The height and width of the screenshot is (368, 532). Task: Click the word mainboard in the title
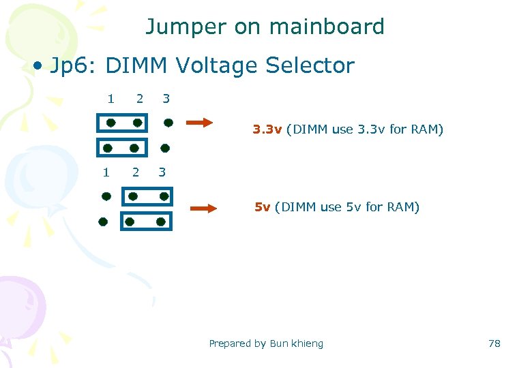tap(327, 27)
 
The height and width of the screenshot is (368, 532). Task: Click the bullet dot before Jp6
tap(40, 67)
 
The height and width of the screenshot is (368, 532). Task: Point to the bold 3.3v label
tap(267, 129)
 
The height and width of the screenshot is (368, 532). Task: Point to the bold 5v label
tap(262, 207)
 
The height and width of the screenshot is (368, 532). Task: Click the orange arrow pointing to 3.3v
tap(200, 123)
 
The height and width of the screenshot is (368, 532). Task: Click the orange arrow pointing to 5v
tap(203, 209)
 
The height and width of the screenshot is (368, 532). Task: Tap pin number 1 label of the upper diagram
tap(110, 99)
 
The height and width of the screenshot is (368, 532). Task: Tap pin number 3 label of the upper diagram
tap(166, 99)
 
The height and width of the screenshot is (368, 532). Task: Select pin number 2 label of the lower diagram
tap(135, 172)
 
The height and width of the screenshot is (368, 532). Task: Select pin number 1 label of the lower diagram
tap(106, 172)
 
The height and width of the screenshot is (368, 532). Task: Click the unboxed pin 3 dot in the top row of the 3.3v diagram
tap(167, 123)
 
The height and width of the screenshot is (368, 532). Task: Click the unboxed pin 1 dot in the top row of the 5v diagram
tap(106, 196)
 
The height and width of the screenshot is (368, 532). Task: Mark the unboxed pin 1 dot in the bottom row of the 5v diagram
tap(102, 221)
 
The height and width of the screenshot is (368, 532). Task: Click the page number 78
tap(494, 343)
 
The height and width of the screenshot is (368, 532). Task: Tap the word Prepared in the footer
tap(230, 343)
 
